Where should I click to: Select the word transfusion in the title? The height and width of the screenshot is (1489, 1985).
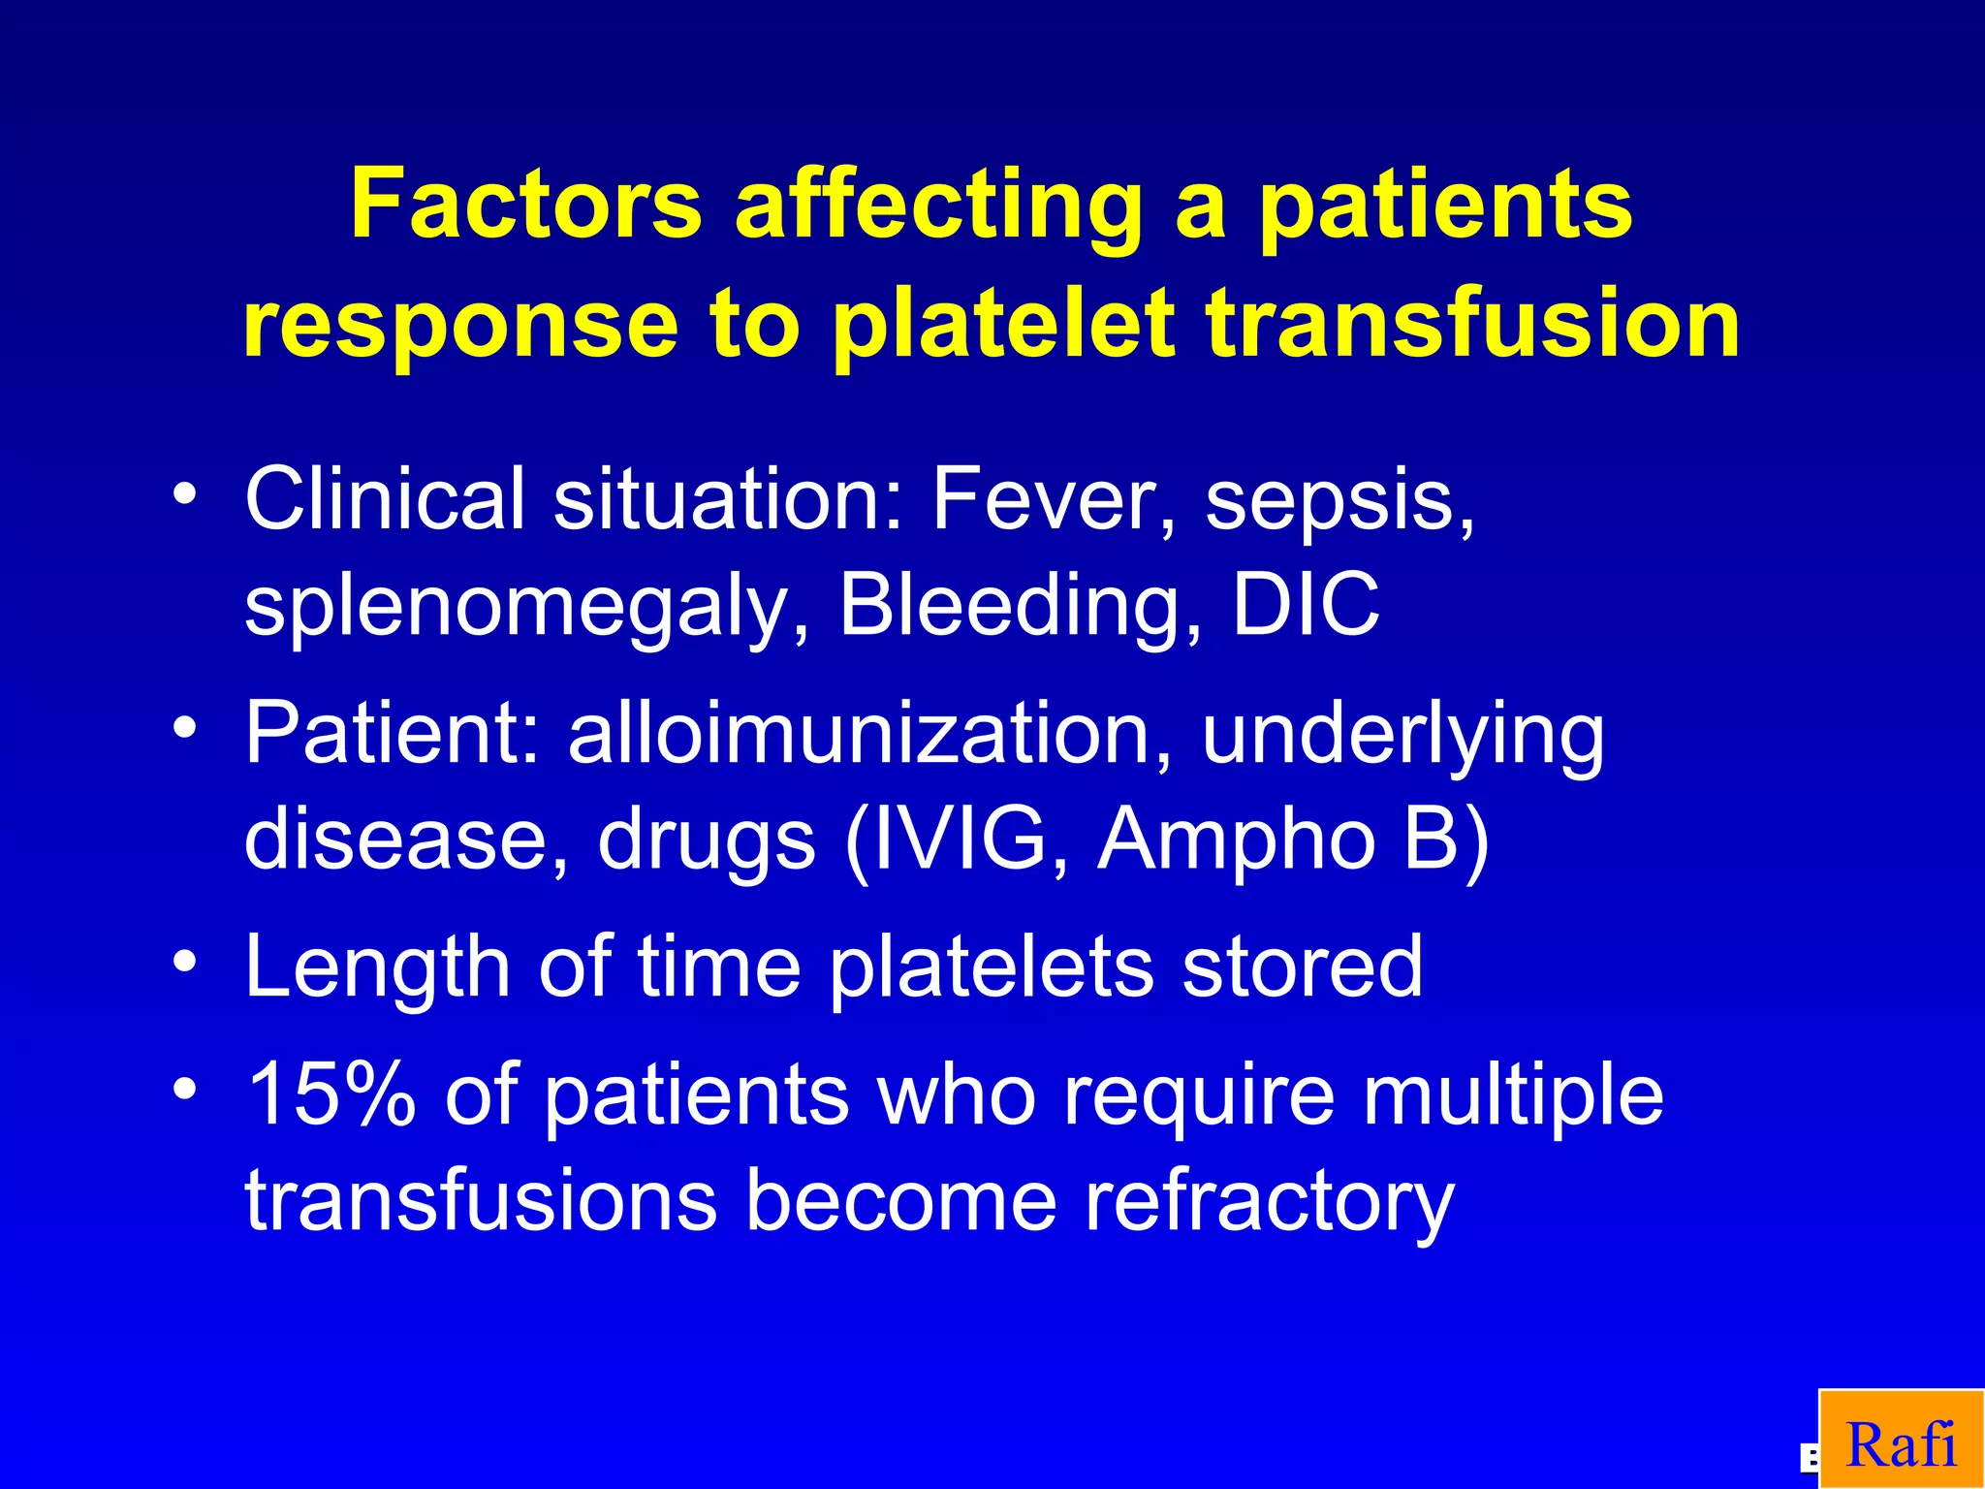(x=1473, y=324)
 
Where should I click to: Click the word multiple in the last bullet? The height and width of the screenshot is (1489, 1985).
(x=1512, y=1095)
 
